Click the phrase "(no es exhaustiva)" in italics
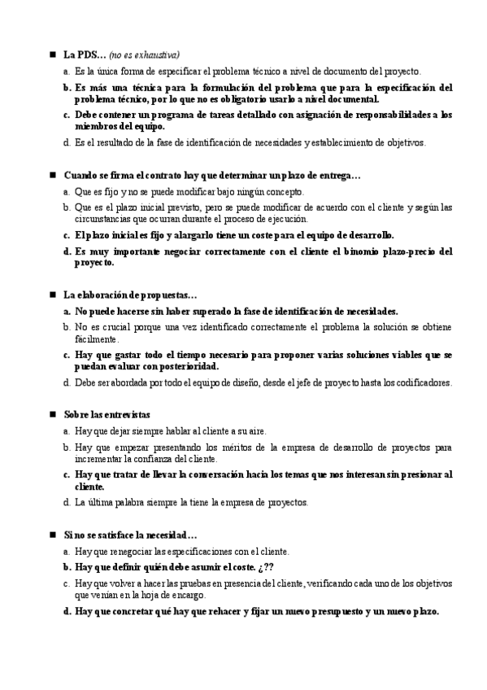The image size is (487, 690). coord(145,55)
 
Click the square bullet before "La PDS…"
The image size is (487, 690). coord(52,55)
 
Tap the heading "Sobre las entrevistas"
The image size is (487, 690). coord(107,414)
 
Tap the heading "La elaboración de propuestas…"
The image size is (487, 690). coord(130,295)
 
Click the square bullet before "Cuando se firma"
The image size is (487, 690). coord(52,175)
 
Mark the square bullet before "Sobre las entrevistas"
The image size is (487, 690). coord(52,414)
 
